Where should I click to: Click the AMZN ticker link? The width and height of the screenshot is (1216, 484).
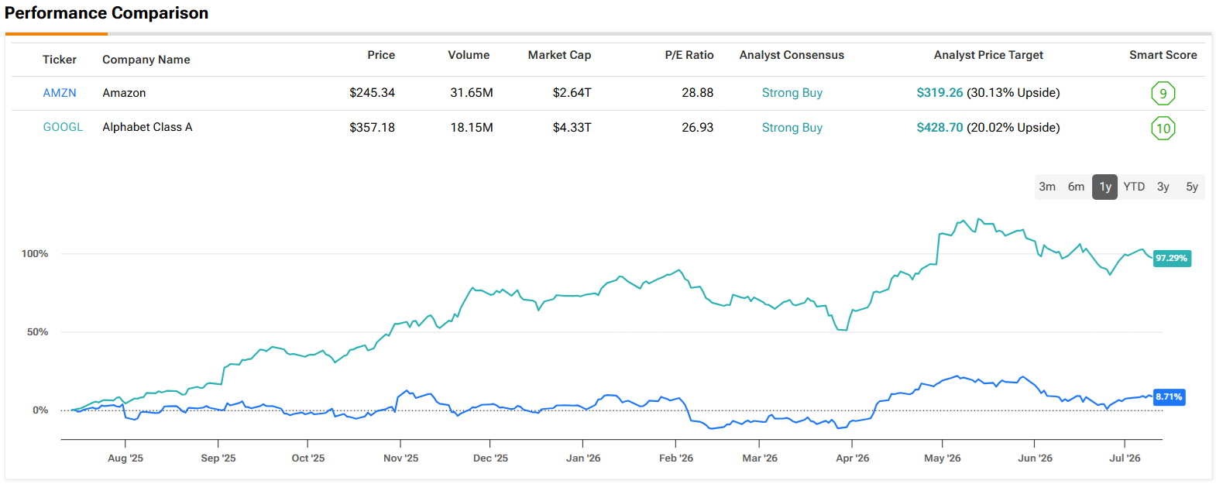(x=59, y=93)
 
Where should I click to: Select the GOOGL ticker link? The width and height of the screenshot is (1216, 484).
(x=63, y=127)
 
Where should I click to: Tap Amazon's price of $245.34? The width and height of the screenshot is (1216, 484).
(x=372, y=93)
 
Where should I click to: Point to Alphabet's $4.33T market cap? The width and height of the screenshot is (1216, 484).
(x=572, y=128)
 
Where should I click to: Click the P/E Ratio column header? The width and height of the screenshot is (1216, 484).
(x=689, y=55)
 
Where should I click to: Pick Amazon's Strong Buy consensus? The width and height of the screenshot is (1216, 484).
(x=792, y=93)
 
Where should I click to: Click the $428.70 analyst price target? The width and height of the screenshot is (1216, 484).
(x=939, y=128)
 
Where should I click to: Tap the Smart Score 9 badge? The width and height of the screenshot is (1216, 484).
(x=1163, y=94)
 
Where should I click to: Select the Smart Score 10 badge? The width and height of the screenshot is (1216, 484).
(x=1163, y=129)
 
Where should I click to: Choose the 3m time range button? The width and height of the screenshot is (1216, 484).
(x=1047, y=187)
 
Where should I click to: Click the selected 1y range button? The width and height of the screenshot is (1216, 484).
(x=1104, y=187)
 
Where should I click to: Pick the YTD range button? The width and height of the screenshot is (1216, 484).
(x=1134, y=187)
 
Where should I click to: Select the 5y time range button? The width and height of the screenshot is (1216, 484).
(x=1191, y=187)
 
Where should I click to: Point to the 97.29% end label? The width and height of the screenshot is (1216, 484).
(x=1172, y=259)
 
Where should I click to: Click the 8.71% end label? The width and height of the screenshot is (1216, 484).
(x=1168, y=396)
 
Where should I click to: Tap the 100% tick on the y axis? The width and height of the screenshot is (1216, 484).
(x=35, y=253)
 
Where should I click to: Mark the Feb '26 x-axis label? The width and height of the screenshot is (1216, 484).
(x=676, y=458)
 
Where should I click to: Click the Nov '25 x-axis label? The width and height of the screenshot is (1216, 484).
(x=400, y=458)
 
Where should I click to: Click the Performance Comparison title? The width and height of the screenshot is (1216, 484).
(x=106, y=13)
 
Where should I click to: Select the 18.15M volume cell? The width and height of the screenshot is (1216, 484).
(x=472, y=128)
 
